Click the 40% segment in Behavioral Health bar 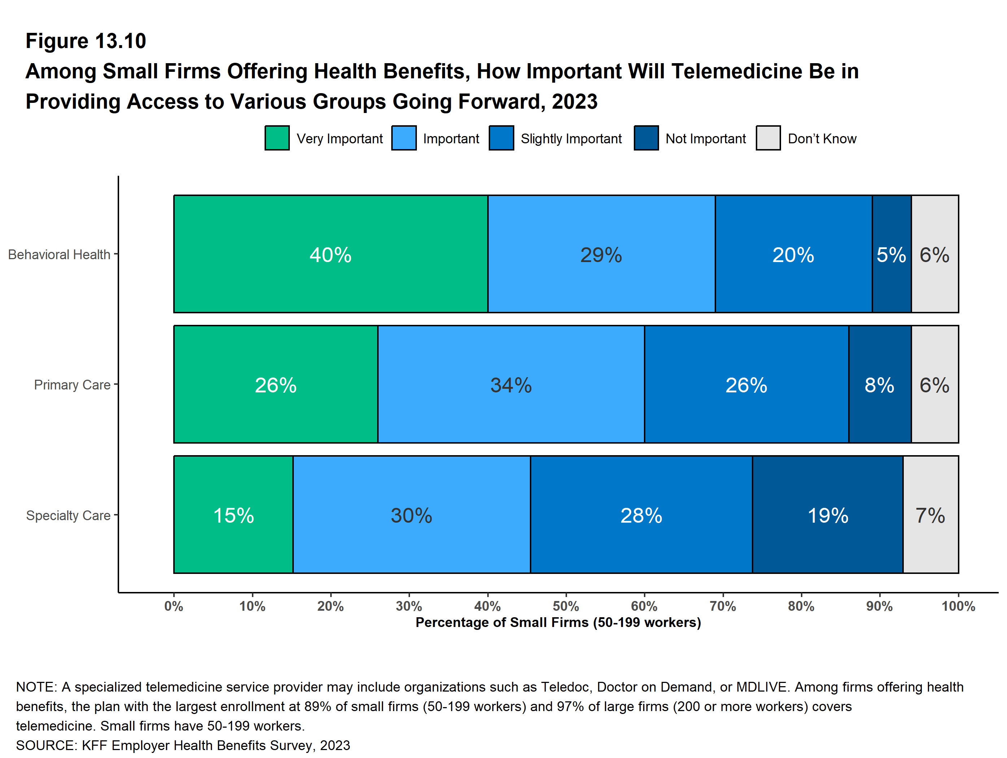tap(331, 254)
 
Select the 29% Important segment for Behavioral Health tap(601, 254)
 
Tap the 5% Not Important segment tap(892, 254)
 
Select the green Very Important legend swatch tap(277, 138)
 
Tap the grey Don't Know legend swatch tap(768, 138)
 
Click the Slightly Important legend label tap(571, 138)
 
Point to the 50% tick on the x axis tap(566, 606)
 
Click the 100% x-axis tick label tap(958, 606)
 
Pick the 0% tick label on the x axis tap(174, 606)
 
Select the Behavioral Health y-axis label tap(59, 254)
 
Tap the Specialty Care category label tap(68, 515)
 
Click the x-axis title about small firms tap(558, 622)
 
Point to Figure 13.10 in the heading tap(86, 41)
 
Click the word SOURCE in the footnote tap(45, 745)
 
